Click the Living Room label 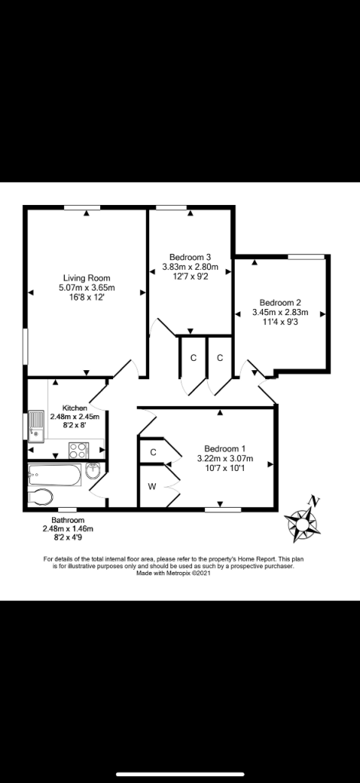tap(86, 278)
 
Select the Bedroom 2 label tap(280, 303)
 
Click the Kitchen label tap(75, 408)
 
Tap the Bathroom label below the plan tap(68, 520)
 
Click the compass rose tap(302, 525)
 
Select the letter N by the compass tap(313, 500)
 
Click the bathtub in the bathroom tap(55, 476)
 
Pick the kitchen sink tap(37, 427)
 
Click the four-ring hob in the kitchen tap(79, 450)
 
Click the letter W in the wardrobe tap(152, 486)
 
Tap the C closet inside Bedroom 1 tap(154, 453)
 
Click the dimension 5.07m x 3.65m tap(86, 288)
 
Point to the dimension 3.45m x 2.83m tap(280, 313)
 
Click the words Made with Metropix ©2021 tap(174, 573)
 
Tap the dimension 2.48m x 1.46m tap(68, 528)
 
